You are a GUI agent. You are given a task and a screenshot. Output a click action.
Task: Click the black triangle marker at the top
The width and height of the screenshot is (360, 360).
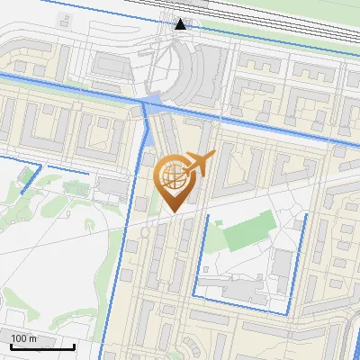[182, 23]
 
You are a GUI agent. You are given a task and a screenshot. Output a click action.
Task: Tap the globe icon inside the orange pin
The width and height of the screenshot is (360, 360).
[173, 177]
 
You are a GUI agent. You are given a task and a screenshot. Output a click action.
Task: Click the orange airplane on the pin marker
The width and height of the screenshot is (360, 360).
[200, 164]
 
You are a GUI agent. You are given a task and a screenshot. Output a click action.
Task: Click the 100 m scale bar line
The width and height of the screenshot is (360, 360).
[41, 346]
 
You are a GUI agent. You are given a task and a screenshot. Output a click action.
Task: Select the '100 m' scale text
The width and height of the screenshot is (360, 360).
[23, 338]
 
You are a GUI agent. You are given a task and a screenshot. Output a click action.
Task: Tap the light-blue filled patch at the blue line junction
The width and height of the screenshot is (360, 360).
[153, 103]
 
